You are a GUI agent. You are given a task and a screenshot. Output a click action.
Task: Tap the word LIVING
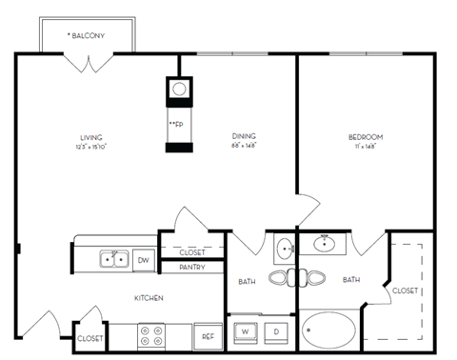click(90, 137)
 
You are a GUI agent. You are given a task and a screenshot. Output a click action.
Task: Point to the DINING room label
click(244, 137)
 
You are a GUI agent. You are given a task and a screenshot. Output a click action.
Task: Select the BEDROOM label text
click(364, 137)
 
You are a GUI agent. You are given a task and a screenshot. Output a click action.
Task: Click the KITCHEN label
click(148, 298)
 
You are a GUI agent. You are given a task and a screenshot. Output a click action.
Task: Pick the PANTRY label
click(192, 268)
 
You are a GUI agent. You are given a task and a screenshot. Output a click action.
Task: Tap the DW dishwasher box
click(144, 259)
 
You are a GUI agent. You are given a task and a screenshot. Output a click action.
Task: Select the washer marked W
click(245, 330)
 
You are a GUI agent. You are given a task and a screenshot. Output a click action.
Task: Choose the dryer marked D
click(276, 330)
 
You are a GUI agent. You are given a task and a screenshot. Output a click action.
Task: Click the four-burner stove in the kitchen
click(151, 336)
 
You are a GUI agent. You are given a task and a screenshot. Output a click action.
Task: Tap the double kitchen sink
click(116, 258)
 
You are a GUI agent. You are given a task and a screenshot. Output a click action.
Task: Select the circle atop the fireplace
click(178, 90)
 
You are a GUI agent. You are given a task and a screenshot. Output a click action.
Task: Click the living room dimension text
click(90, 147)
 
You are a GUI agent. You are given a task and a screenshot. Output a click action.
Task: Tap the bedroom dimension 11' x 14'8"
click(364, 147)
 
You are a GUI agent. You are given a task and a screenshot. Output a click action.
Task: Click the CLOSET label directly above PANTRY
click(192, 252)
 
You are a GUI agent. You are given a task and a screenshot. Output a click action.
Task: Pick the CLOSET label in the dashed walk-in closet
click(405, 290)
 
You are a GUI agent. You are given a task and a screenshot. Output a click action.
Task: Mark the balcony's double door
click(89, 63)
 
